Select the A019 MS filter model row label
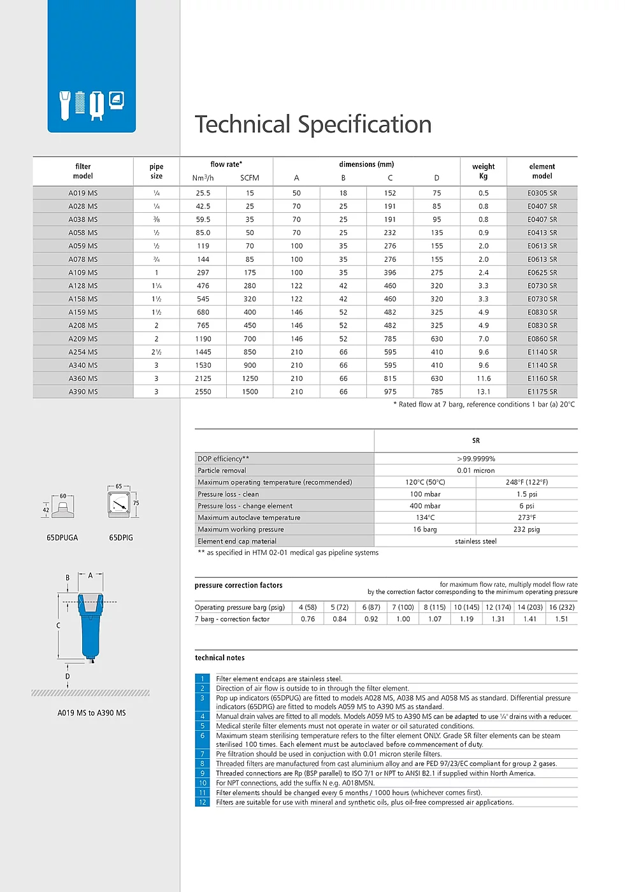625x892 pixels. coord(83,193)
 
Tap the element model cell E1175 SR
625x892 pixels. coord(542,392)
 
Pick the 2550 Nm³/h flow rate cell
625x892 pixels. coord(203,392)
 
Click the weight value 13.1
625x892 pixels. coord(484,392)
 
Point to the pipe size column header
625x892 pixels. coord(156,171)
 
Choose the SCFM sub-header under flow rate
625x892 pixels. coord(250,178)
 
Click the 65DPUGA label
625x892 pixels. coord(62,538)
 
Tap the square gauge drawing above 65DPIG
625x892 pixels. coord(119,505)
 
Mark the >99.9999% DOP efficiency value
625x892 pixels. coord(476,459)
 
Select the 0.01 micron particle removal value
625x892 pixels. coord(476,471)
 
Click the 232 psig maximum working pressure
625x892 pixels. coord(527,529)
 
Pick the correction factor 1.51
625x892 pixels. coord(561,619)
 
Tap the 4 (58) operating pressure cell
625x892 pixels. coord(308,607)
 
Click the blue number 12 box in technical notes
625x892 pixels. coord(203,802)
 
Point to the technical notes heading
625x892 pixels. coord(220,658)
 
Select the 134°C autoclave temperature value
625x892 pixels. coord(425,518)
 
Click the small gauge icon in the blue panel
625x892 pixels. coord(117,100)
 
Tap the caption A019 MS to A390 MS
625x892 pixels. coord(92,713)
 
